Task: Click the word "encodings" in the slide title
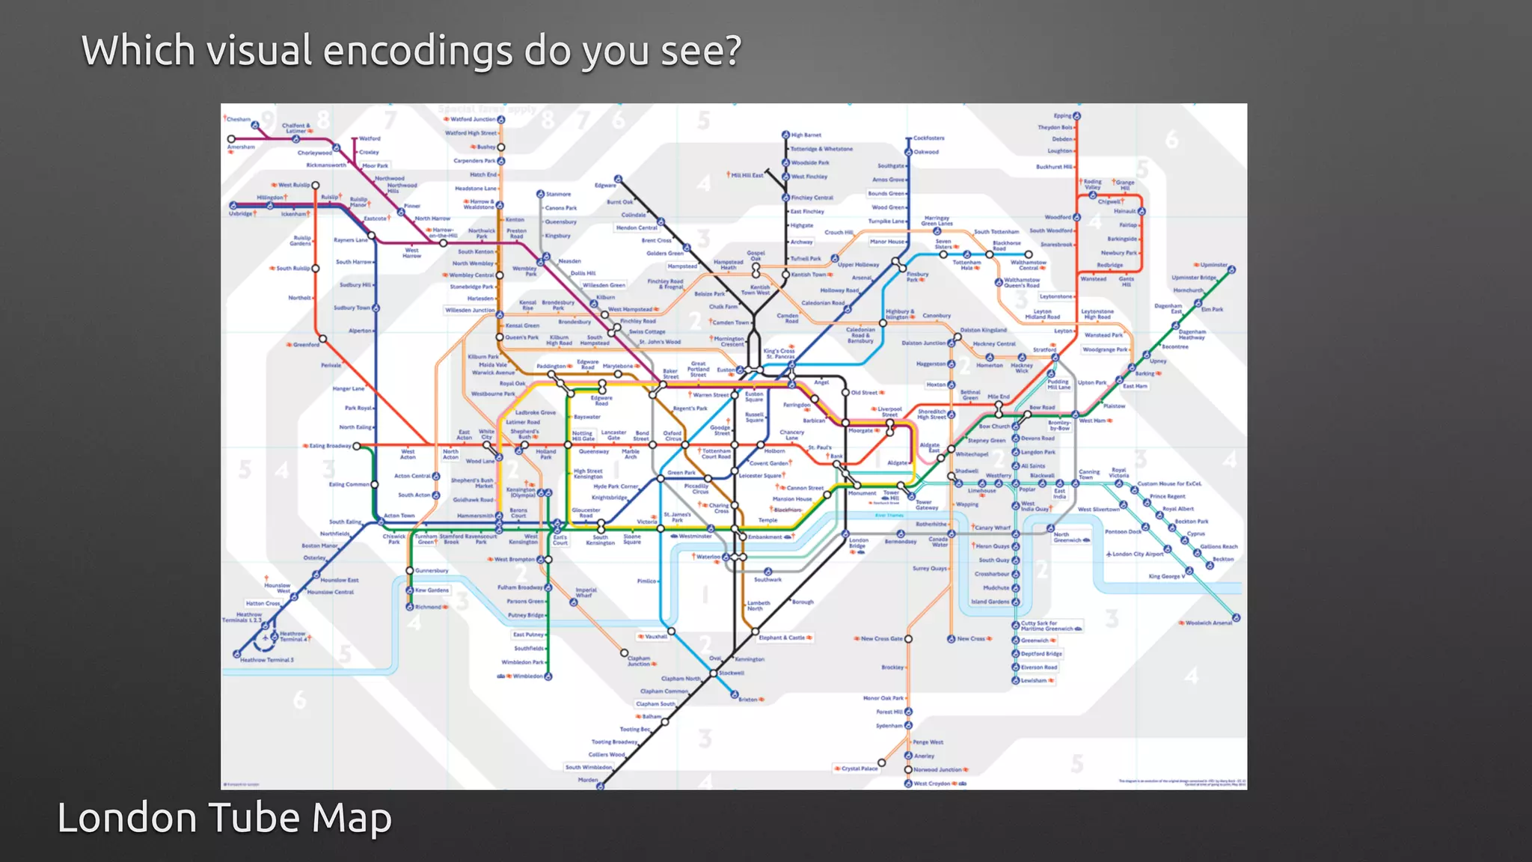[x=419, y=51]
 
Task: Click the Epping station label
[x=1062, y=116]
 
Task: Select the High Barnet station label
[x=806, y=135]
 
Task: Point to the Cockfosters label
[x=929, y=138]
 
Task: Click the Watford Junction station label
[x=473, y=119]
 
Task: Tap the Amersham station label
[x=241, y=147]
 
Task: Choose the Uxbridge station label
[x=241, y=214]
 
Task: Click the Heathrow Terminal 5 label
[x=267, y=660]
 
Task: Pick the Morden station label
[x=588, y=780]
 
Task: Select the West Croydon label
[x=932, y=783]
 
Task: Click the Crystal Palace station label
[x=860, y=768]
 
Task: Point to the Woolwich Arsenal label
[x=1208, y=623]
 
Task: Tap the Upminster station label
[x=1214, y=265]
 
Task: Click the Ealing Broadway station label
[x=330, y=446]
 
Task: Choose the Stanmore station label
[x=558, y=194]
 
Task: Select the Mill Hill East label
[x=747, y=175]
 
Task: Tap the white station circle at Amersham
[x=231, y=139]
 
